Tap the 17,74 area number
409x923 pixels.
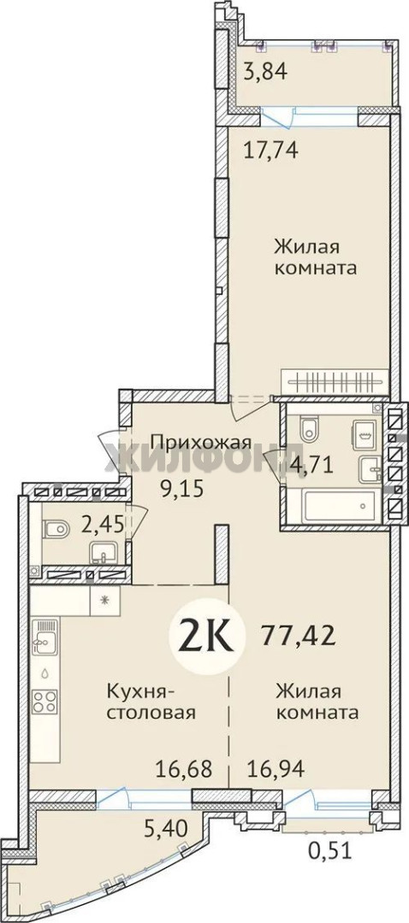[x=272, y=150]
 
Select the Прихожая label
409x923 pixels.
[x=200, y=441]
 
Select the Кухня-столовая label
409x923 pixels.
[x=151, y=701]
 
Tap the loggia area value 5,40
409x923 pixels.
[x=166, y=831]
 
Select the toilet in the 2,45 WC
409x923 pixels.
[x=56, y=529]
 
